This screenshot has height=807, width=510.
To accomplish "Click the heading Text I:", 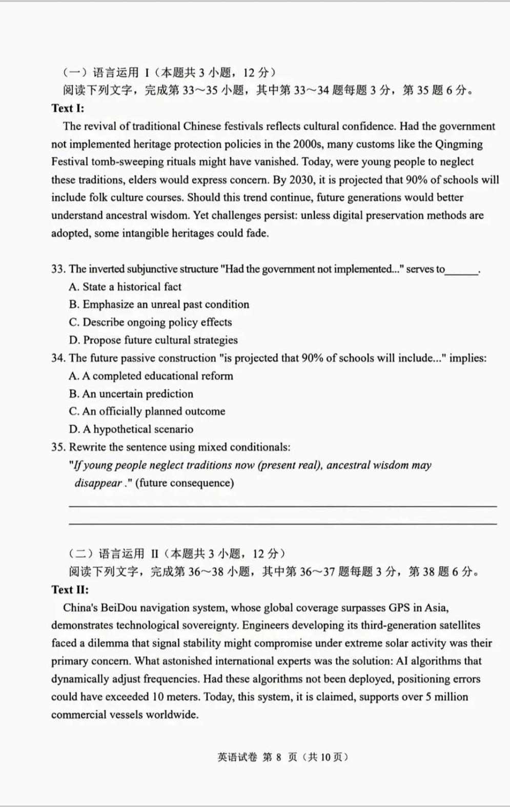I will pyautogui.click(x=68, y=108).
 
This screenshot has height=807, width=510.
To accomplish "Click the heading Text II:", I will pyautogui.click(x=70, y=589).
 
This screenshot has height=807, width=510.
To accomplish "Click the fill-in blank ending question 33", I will pyautogui.click(x=461, y=270).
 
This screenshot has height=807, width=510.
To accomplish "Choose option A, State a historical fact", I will pyautogui.click(x=125, y=287).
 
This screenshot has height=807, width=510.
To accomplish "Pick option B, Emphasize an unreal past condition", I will pyautogui.click(x=159, y=304).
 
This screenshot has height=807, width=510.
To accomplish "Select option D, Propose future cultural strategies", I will pyautogui.click(x=153, y=340).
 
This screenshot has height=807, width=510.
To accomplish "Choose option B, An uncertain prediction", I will pyautogui.click(x=131, y=394).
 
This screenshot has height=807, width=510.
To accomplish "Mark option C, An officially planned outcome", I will pyautogui.click(x=147, y=411).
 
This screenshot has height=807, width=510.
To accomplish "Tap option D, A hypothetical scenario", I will pyautogui.click(x=131, y=429).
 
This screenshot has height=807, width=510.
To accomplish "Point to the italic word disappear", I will pyautogui.click(x=98, y=483).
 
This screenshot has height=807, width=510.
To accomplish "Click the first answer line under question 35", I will pyautogui.click(x=282, y=506).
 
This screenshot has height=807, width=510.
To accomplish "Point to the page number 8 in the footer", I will pyautogui.click(x=279, y=757).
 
